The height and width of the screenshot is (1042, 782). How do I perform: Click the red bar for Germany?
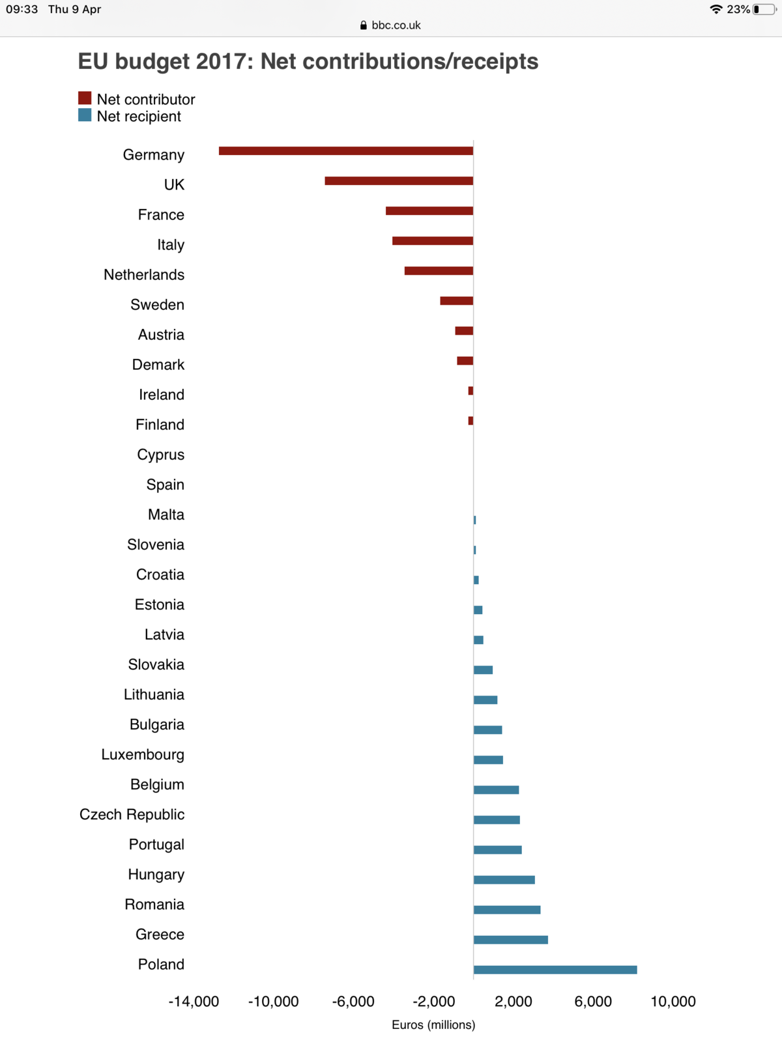[346, 151]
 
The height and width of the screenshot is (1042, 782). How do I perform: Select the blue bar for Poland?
[555, 970]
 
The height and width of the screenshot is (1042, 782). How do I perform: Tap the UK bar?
[399, 181]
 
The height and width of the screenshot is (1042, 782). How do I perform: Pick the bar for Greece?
[511, 940]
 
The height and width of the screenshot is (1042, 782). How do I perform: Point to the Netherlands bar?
[439, 271]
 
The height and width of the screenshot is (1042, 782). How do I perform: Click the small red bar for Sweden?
[456, 301]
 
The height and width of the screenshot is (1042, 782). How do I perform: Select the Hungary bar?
[504, 880]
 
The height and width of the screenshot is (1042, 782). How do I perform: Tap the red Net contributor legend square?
[85, 98]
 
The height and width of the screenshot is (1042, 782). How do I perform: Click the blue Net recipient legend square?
[85, 115]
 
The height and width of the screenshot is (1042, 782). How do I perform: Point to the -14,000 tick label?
[194, 1002]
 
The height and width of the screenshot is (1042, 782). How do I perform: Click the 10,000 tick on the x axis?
[673, 1002]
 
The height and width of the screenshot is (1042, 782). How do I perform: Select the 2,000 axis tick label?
[514, 1002]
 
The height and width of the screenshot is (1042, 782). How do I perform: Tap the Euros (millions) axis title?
[433, 1025]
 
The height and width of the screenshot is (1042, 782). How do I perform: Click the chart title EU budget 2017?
[308, 61]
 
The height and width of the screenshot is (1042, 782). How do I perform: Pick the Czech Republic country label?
[132, 815]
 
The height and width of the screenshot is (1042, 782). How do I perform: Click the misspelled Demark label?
[158, 365]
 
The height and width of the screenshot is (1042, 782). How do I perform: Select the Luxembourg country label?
[143, 755]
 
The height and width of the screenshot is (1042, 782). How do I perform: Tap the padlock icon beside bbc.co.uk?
[364, 25]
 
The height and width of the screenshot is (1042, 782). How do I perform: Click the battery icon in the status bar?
[763, 9]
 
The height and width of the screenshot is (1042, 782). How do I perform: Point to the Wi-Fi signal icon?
[716, 9]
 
